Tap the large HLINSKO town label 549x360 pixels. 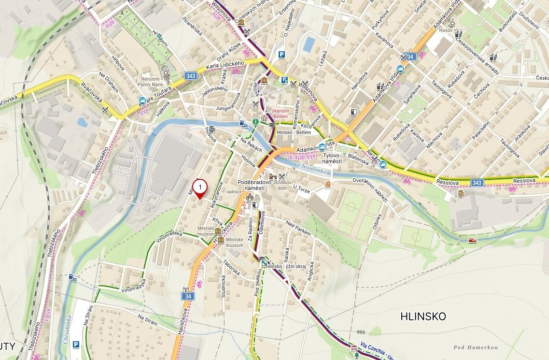(423, 316)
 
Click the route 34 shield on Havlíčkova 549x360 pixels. (188, 296)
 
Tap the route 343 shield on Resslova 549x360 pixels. (478, 182)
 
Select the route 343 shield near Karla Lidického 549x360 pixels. (190, 76)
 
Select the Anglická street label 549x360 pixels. (311, 273)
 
